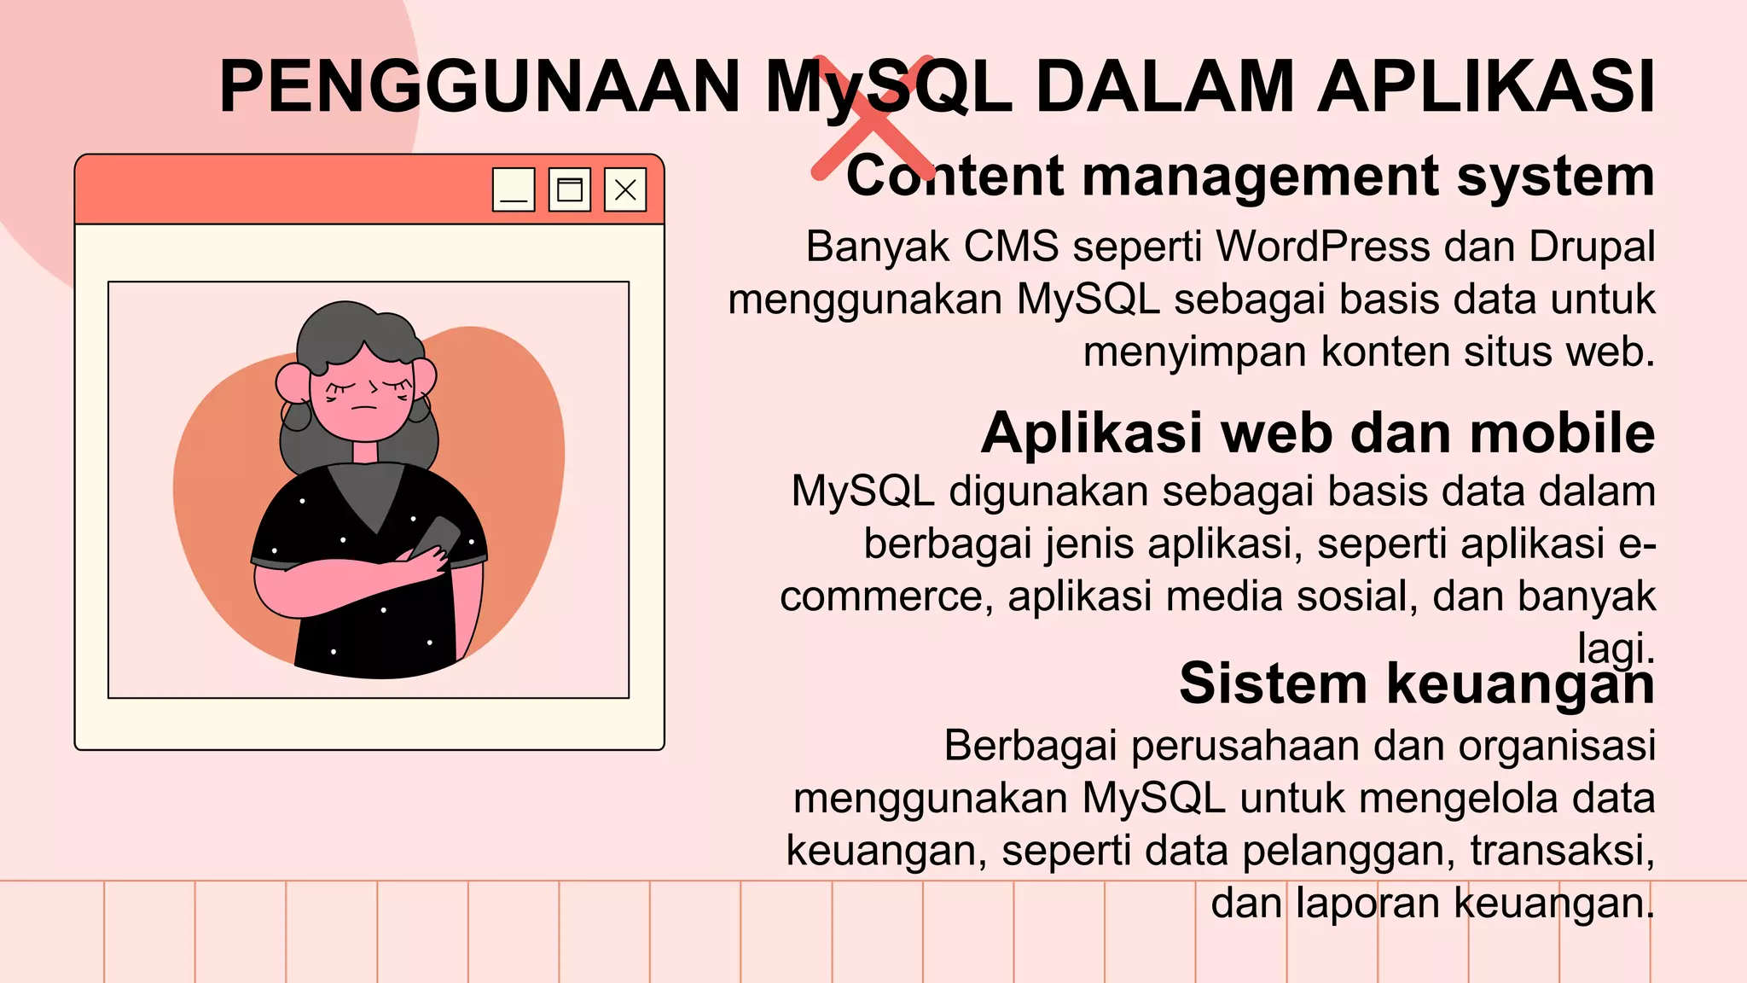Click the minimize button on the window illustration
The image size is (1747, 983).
[514, 189]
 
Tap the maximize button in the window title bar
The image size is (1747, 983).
[569, 189]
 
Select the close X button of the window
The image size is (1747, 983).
[625, 189]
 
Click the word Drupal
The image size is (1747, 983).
[1592, 247]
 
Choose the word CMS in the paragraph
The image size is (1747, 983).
[1011, 247]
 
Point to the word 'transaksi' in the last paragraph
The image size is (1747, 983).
[1561, 851]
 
